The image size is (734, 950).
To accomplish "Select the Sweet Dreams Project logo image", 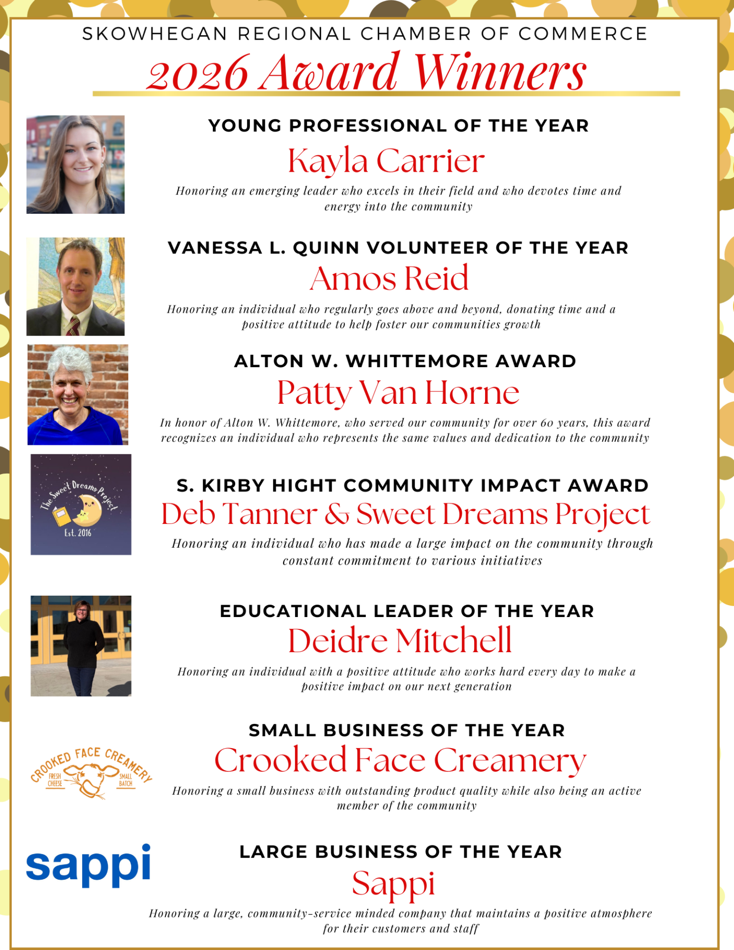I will pos(81,504).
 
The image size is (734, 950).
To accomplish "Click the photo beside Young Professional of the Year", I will pos(75,164).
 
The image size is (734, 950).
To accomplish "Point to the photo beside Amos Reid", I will pos(75,286).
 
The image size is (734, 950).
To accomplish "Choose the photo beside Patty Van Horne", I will pos(78,394).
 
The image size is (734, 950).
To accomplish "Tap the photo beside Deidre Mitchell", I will pos(81,646).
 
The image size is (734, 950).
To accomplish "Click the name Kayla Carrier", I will pos(386,161).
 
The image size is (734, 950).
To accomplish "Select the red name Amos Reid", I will pos(389,278).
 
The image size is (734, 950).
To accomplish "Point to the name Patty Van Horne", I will pos(398,392).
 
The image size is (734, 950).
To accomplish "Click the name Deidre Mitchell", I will pos(399,640).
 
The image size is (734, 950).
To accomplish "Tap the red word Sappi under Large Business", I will pos(393,883).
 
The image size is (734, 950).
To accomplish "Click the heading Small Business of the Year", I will pos(406,730).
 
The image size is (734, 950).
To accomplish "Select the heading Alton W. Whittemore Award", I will pos(405,361).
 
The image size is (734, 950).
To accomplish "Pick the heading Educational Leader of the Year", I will pos(406,611).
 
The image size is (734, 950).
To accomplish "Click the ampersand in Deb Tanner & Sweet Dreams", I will pos(337,514).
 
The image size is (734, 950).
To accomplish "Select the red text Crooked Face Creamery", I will pos(400,760).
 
